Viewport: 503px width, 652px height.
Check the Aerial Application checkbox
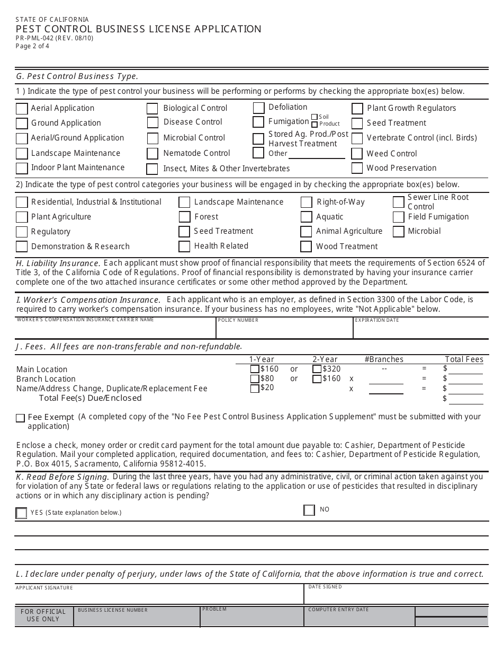[x=22, y=109]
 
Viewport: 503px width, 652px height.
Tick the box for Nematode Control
[x=152, y=154]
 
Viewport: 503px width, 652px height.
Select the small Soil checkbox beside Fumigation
[x=315, y=117]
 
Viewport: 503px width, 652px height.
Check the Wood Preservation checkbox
[x=357, y=169]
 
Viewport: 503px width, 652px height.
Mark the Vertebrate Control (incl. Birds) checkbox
[x=357, y=138]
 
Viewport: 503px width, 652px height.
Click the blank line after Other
[x=317, y=154]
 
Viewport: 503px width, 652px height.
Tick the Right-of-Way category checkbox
[x=306, y=202]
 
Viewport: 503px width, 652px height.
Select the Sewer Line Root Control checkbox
[x=399, y=202]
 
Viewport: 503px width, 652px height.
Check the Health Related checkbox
[x=184, y=246]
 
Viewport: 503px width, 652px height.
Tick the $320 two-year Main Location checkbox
[x=317, y=369]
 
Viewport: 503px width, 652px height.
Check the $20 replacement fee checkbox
[x=255, y=388]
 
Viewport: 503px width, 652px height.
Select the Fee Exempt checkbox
[x=21, y=418]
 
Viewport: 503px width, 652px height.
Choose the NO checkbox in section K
[x=309, y=510]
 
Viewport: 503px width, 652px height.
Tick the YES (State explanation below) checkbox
[x=21, y=513]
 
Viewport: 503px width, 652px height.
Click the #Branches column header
[x=384, y=359]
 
